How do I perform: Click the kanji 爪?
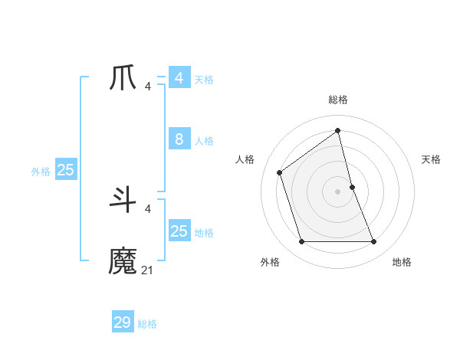click(x=123, y=78)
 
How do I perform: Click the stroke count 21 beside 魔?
click(x=147, y=270)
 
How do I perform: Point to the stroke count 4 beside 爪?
click(x=147, y=86)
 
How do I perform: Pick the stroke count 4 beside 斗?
click(x=147, y=208)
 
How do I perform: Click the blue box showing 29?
click(x=123, y=322)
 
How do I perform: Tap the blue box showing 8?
click(x=179, y=139)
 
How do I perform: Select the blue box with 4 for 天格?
click(x=179, y=78)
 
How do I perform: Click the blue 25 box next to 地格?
click(x=179, y=231)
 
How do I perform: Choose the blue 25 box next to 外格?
click(x=65, y=170)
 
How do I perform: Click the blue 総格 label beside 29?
click(x=147, y=324)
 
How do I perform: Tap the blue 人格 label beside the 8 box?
click(x=204, y=141)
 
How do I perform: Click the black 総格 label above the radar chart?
click(x=338, y=100)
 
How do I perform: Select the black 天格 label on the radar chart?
click(x=431, y=159)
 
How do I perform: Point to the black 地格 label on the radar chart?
click(x=402, y=262)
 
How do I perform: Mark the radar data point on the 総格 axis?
click(x=338, y=130)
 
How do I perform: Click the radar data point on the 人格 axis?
click(x=280, y=172)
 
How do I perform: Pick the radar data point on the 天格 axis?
click(x=352, y=187)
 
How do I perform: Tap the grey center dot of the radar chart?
click(x=338, y=191)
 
